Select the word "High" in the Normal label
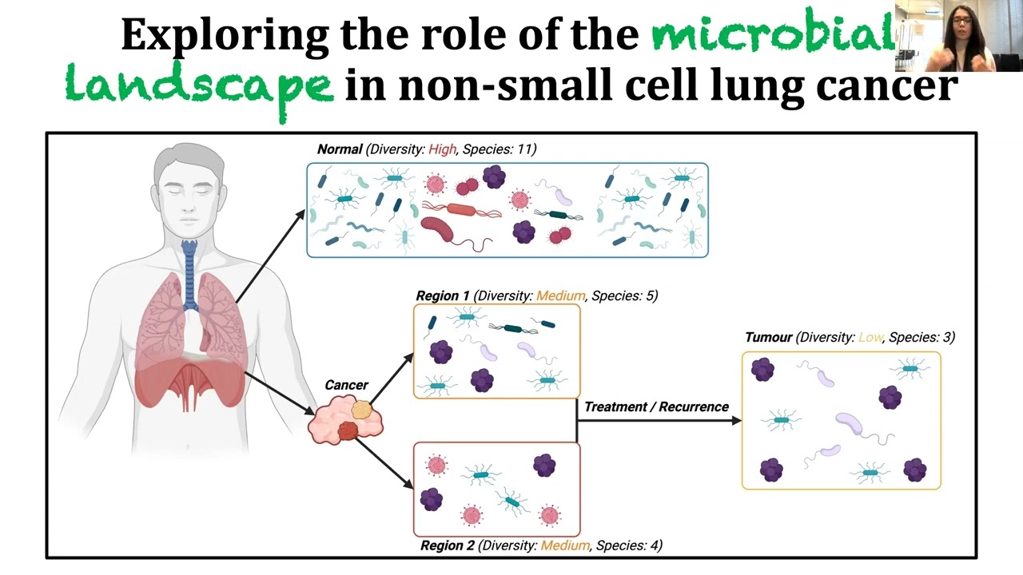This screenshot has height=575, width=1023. [442, 149]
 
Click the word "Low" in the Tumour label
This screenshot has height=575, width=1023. [870, 337]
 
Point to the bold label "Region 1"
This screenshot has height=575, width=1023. [443, 295]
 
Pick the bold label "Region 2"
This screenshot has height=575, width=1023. [448, 545]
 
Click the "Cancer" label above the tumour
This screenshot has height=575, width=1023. [346, 385]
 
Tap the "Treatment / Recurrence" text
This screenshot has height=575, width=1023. [657, 406]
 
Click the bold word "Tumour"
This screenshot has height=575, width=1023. [769, 337]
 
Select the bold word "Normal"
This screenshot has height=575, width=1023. [340, 149]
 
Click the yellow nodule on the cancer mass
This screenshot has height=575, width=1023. [362, 410]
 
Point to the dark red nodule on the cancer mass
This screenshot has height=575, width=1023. [348, 430]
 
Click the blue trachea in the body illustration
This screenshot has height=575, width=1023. [189, 274]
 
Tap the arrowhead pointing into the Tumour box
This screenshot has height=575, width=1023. [736, 420]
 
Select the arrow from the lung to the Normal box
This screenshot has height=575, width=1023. [270, 256]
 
